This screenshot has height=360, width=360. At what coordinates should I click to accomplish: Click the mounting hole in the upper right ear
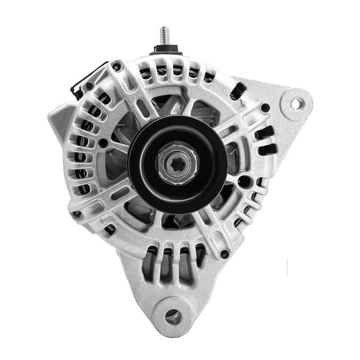coord(295,104)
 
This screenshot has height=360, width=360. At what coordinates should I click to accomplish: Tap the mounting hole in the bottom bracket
coord(173,314)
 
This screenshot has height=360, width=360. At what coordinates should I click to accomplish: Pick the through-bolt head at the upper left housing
coord(117,67)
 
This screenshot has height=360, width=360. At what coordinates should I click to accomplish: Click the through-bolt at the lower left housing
coord(78,215)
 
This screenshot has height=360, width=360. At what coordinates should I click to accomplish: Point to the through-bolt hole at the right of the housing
coord(266,108)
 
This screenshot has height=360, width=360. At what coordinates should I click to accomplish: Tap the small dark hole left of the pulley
coord(102,143)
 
